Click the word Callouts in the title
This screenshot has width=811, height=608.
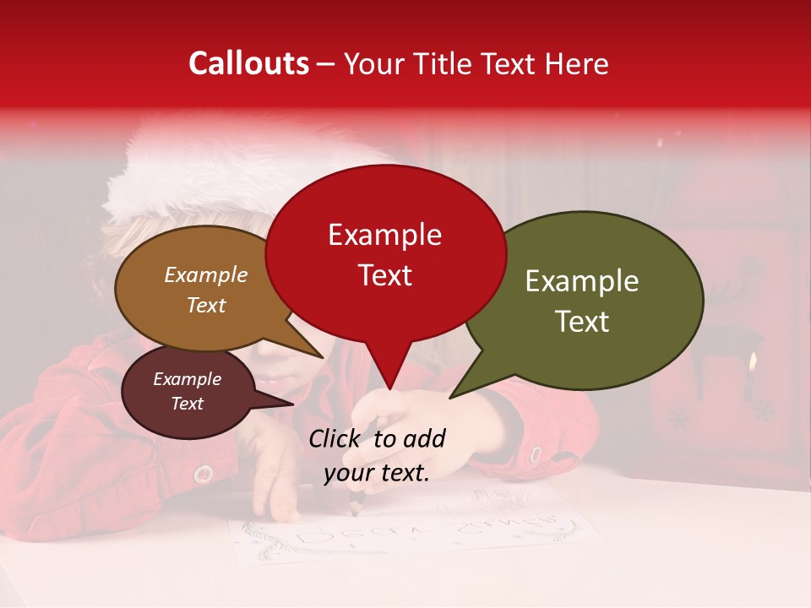[x=248, y=63]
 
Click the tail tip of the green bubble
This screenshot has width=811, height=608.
[x=450, y=397]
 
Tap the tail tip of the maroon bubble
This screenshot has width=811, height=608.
[x=293, y=404]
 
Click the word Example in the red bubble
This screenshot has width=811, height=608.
[x=384, y=235]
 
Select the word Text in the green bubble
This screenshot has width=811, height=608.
[x=582, y=321]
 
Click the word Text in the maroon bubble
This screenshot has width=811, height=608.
[x=187, y=404]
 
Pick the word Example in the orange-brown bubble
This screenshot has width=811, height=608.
[x=205, y=275]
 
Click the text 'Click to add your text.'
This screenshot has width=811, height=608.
[x=377, y=455]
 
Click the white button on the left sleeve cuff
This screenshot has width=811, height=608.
[x=202, y=474]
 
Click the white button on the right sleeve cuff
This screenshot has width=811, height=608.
[x=536, y=454]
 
